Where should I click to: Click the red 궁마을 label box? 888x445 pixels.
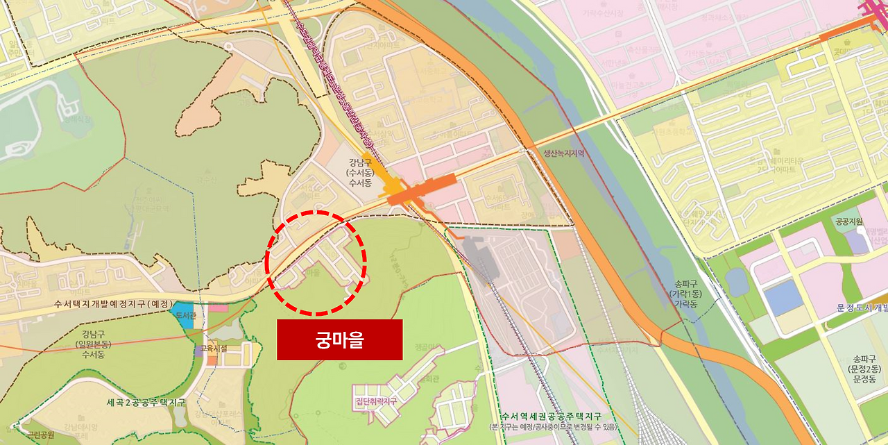(339, 340)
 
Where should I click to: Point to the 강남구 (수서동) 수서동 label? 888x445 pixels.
(360, 172)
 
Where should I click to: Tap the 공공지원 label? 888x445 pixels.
(848, 221)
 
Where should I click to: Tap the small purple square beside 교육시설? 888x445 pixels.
(199, 352)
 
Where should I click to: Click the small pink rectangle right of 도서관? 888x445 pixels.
(218, 308)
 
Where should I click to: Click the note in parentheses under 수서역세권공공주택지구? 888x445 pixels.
(548, 426)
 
